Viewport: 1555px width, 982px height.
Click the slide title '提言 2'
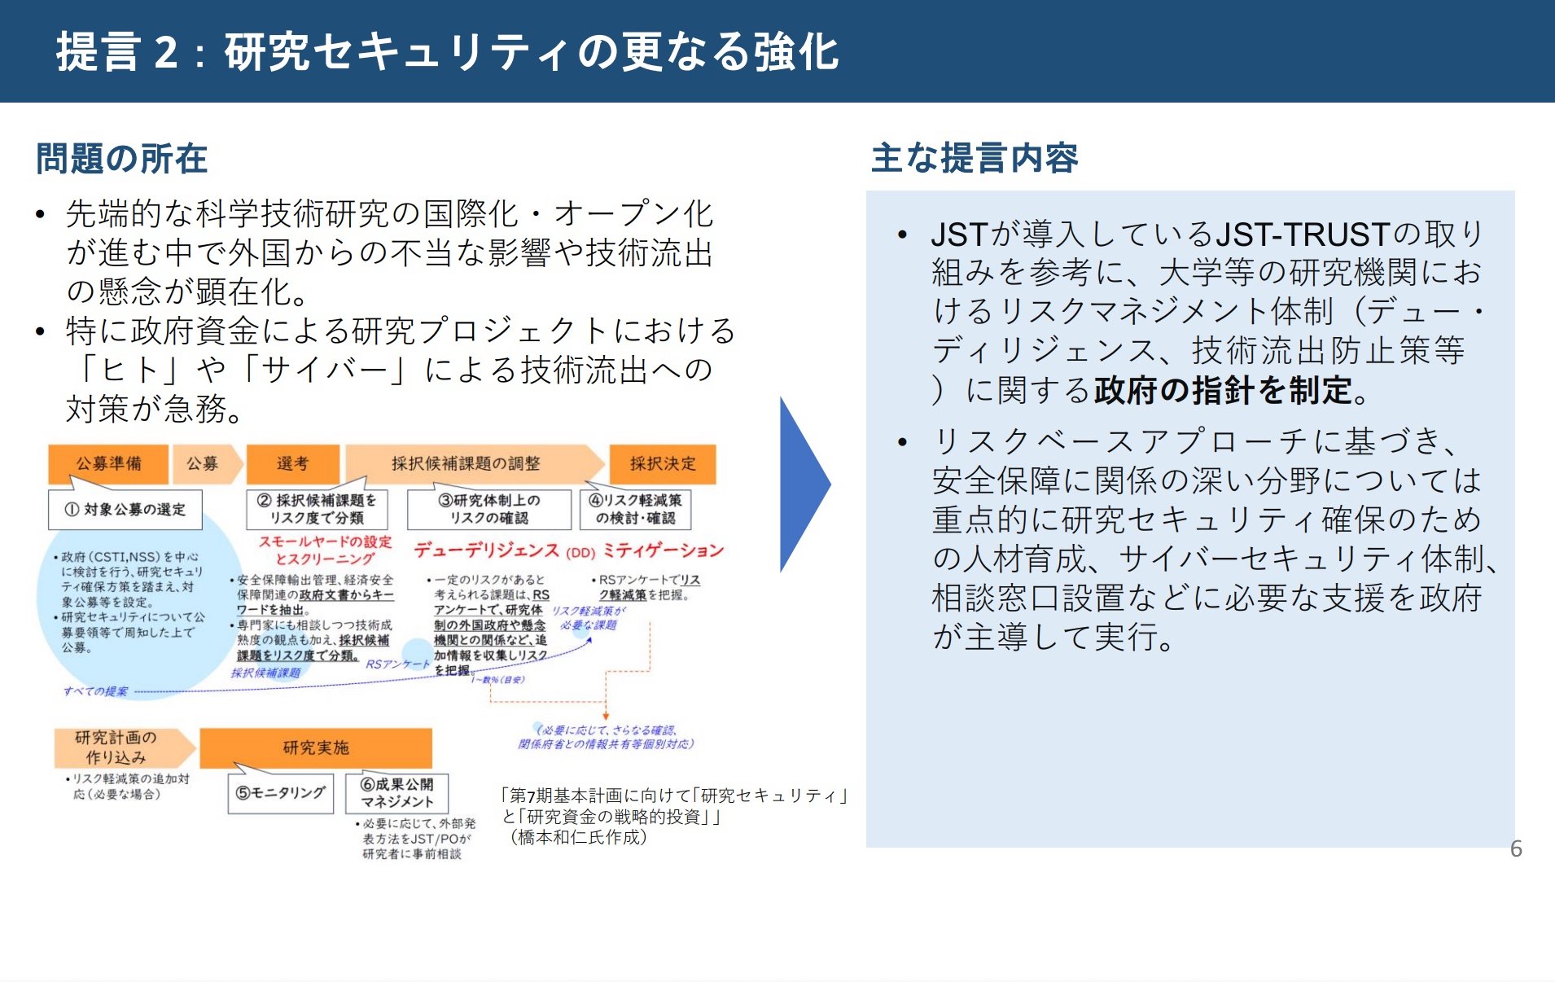pos(118,52)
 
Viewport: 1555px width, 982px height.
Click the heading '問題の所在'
pos(122,158)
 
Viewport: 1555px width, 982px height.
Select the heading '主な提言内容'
pos(975,157)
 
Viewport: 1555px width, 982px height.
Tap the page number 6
pos(1516,849)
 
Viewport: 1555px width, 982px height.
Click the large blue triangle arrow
pos(803,484)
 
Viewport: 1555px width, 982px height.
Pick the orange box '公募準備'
pos(108,463)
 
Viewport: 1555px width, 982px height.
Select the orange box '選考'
pos(292,463)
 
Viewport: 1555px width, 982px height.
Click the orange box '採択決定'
pos(663,463)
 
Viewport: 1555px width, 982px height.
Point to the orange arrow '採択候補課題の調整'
pos(466,463)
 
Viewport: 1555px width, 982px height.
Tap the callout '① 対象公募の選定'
pos(125,510)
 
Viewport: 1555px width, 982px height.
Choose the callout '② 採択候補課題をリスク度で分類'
pos(317,509)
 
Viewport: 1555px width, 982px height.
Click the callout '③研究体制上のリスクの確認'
pos(489,509)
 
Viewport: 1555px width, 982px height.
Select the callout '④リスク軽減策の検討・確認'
pos(636,509)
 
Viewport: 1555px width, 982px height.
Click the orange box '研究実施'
pos(316,747)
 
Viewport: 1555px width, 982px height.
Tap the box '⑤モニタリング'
pos(281,792)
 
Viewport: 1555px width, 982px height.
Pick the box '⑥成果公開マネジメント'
pos(397,792)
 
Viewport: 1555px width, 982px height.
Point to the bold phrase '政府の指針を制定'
pos(1223,391)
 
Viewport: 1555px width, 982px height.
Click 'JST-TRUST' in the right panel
pos(1302,235)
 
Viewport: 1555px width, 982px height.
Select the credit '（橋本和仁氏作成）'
pos(579,837)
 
